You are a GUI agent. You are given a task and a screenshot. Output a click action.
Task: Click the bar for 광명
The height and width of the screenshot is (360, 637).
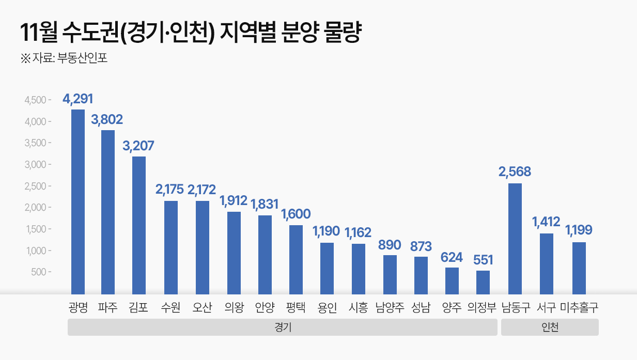(x=77, y=201)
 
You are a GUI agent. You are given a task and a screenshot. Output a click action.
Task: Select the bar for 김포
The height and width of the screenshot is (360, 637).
(x=138, y=225)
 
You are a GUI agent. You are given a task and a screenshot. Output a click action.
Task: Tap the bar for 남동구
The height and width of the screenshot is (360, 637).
(x=515, y=239)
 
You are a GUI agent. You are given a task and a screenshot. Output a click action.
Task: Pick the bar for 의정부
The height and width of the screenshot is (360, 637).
(x=483, y=282)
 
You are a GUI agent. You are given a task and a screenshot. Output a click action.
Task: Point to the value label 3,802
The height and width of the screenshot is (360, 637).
(x=107, y=120)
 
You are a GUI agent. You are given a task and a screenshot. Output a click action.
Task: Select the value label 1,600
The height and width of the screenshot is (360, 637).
(x=296, y=214)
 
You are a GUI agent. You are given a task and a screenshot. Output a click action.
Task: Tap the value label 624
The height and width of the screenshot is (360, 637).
(x=452, y=257)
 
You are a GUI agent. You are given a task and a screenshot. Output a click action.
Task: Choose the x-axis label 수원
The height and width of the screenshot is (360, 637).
(x=170, y=308)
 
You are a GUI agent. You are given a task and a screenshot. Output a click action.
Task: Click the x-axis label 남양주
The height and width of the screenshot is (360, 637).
(x=390, y=308)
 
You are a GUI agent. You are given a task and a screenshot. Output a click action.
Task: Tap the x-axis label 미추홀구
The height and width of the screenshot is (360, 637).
(x=579, y=308)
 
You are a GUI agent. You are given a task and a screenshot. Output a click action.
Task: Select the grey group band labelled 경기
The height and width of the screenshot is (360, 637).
(x=282, y=327)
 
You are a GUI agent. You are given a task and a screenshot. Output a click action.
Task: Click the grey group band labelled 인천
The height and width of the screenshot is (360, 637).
(x=550, y=327)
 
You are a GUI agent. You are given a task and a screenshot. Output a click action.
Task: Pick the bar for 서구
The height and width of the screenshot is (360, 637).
(x=546, y=263)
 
